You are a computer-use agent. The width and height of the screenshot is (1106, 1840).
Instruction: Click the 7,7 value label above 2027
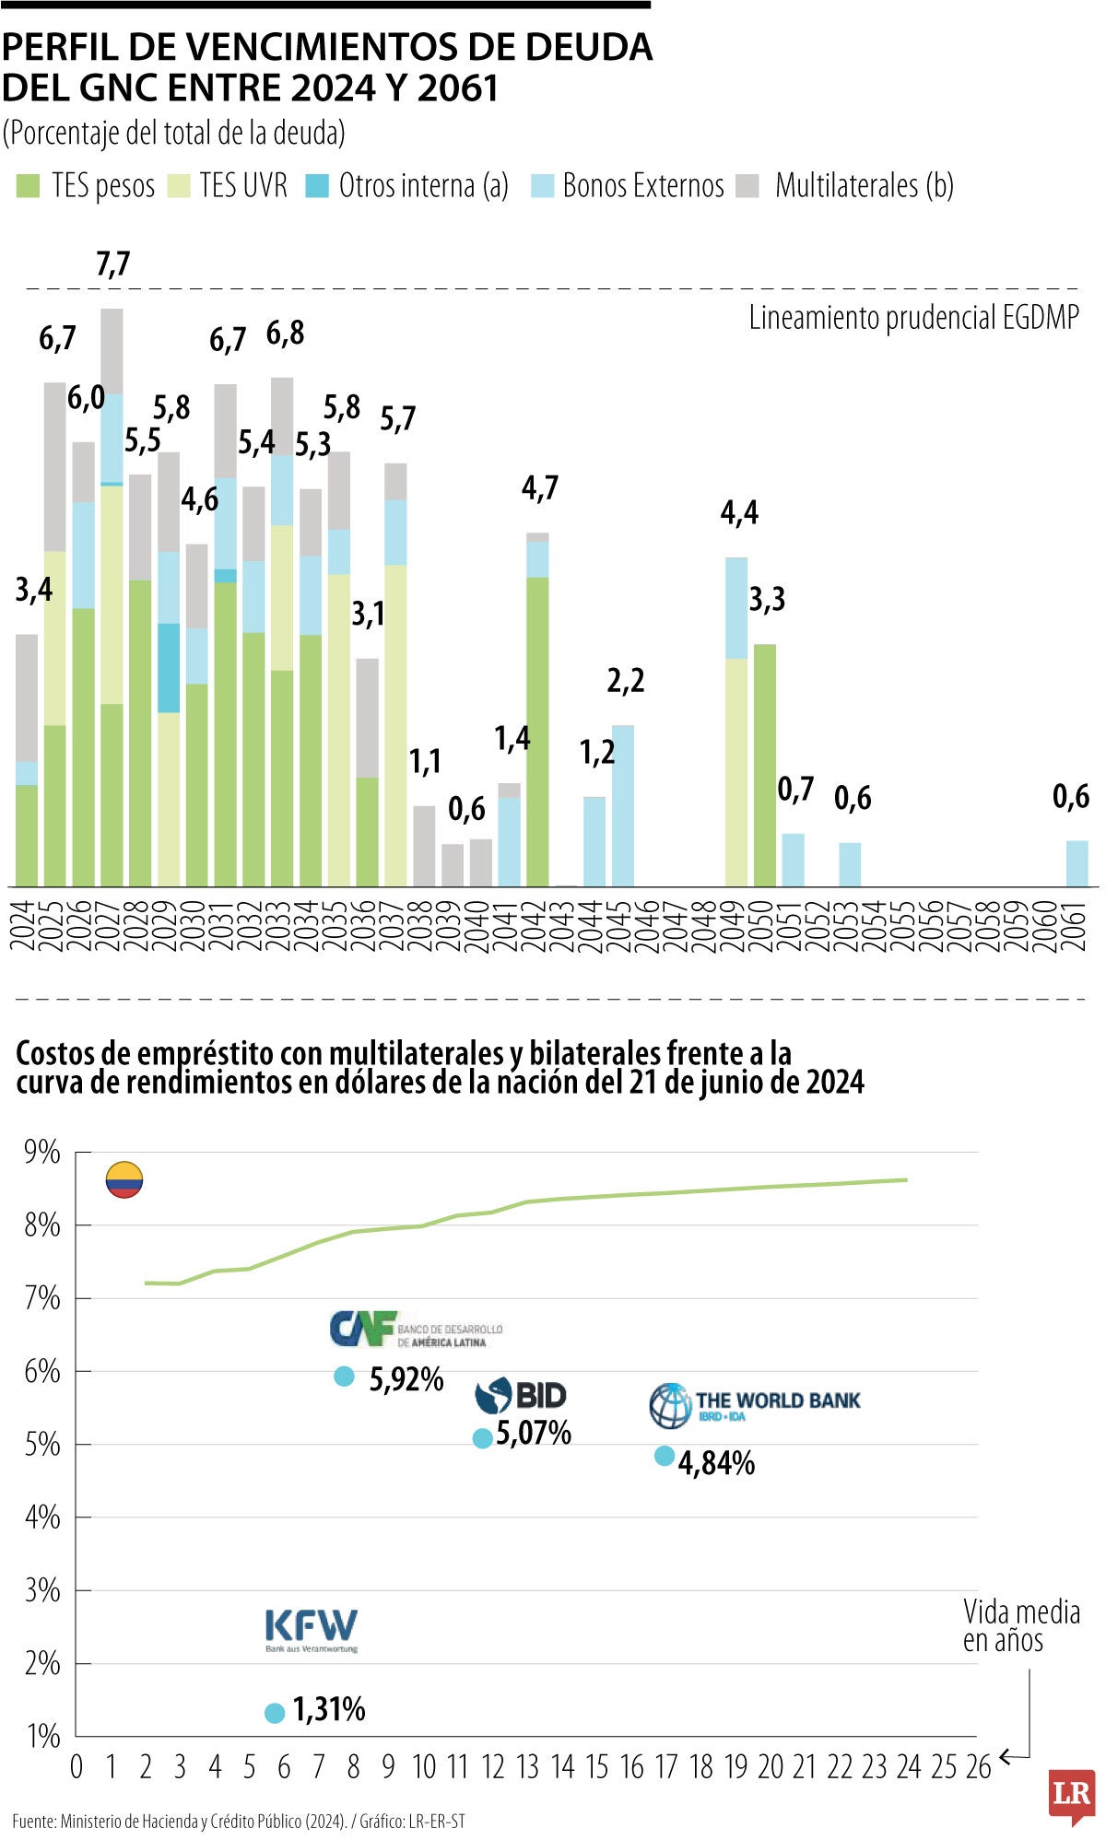[x=112, y=264]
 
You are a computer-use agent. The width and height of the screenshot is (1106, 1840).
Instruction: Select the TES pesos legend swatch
[x=28, y=186]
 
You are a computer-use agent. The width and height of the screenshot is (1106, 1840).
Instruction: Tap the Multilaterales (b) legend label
[x=864, y=186]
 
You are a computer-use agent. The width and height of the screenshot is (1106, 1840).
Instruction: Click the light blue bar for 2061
[x=1077, y=863]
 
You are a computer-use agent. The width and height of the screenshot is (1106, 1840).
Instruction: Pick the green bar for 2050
[x=764, y=765]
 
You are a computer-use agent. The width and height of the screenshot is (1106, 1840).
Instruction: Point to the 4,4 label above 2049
[x=739, y=512]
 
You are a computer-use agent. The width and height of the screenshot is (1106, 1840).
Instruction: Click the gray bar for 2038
[x=424, y=846]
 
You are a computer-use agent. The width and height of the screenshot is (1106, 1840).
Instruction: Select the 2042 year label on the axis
[x=538, y=926]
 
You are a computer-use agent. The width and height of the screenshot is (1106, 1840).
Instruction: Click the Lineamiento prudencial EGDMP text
[x=912, y=318]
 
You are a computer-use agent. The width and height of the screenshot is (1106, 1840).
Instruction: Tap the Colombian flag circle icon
[x=124, y=1179]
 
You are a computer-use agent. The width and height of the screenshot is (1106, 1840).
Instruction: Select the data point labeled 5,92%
[x=344, y=1377]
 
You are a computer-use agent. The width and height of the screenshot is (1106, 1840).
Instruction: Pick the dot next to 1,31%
[x=275, y=1713]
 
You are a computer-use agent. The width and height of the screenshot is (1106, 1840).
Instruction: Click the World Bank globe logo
[x=670, y=1405]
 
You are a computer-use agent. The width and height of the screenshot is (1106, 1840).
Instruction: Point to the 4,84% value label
[x=716, y=1463]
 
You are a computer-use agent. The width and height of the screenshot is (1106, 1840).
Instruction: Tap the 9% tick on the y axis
[x=42, y=1153]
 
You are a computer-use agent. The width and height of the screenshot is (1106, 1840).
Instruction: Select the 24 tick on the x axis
[x=908, y=1766]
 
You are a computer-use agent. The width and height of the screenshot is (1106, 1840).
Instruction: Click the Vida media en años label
[x=1020, y=1626]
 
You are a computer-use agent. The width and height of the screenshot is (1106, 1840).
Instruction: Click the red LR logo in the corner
[x=1071, y=1795]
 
